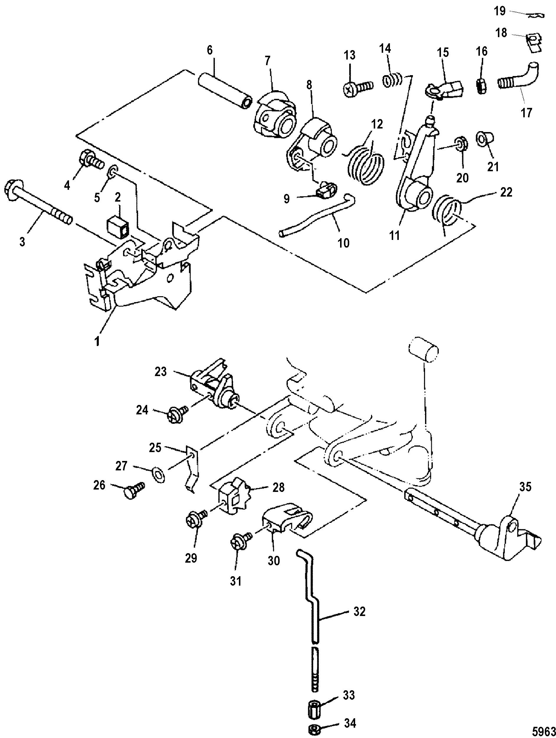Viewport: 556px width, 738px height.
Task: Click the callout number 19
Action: [x=500, y=12]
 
